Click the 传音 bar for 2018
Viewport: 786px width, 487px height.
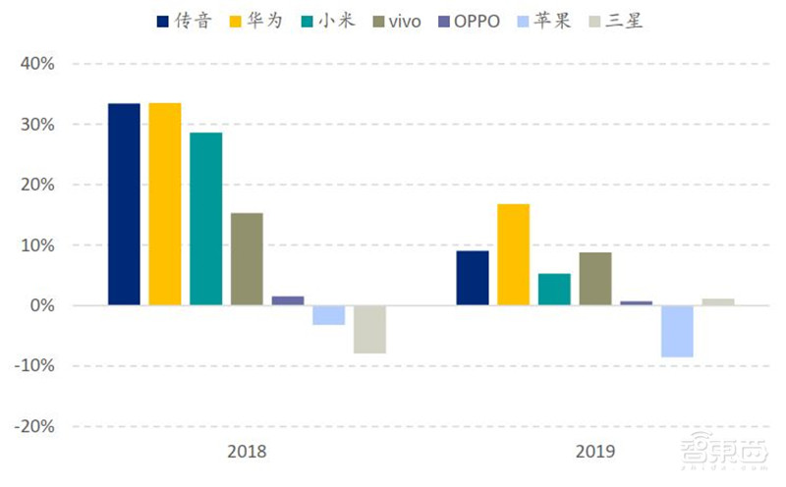point(124,204)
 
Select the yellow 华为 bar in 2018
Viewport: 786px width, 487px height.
point(165,204)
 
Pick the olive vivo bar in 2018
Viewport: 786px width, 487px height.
point(247,259)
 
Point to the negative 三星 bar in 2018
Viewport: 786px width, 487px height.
point(369,329)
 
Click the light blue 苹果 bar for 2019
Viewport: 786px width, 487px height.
point(677,331)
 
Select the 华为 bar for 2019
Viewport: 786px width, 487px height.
point(513,254)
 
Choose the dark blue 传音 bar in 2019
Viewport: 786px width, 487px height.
point(473,278)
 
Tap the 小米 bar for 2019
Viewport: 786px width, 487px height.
point(554,290)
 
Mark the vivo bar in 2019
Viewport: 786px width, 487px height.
point(595,279)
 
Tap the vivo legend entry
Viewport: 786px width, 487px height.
point(392,21)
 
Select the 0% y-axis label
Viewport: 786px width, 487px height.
point(40,306)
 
